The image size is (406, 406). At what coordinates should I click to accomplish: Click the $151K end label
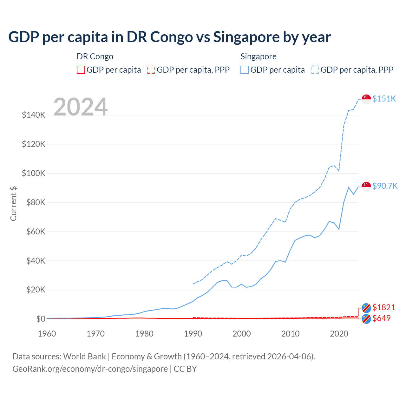pyautogui.click(x=384, y=99)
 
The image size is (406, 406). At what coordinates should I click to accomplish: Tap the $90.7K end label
pyautogui.click(x=385, y=186)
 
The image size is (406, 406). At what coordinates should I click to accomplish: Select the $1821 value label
pyautogui.click(x=384, y=307)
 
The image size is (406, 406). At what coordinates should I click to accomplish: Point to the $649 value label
pyautogui.click(x=382, y=318)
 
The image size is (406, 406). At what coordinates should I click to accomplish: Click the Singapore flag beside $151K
pyautogui.click(x=366, y=99)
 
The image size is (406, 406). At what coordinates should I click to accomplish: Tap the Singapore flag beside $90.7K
pyautogui.click(x=366, y=186)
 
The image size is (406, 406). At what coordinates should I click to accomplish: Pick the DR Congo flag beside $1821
pyautogui.click(x=366, y=308)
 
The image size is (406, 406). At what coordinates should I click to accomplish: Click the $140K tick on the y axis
pyautogui.click(x=34, y=115)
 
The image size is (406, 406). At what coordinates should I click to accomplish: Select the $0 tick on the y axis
pyautogui.click(x=41, y=319)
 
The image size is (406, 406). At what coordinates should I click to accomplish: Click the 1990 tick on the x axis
pyautogui.click(x=193, y=334)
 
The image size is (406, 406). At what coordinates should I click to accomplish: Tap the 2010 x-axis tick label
pyautogui.click(x=290, y=334)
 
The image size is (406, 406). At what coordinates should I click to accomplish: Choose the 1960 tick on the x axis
pyautogui.click(x=47, y=334)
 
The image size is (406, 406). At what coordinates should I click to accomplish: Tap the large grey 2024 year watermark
pyautogui.click(x=81, y=107)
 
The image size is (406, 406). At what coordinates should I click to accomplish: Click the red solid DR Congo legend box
pyautogui.click(x=81, y=70)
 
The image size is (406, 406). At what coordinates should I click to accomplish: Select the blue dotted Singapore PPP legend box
pyautogui.click(x=315, y=70)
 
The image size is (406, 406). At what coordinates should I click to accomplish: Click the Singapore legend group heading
pyautogui.click(x=258, y=56)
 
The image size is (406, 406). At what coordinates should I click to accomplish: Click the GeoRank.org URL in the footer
pyautogui.click(x=90, y=369)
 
